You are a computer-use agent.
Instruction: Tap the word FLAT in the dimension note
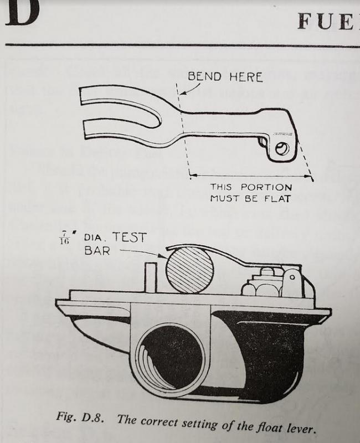tap(275, 198)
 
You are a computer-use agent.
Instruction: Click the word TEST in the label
tap(130, 238)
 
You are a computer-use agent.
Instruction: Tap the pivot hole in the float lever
tap(283, 148)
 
